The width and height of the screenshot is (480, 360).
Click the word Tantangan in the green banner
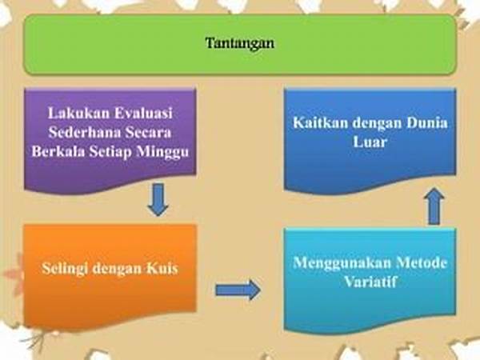pos(240,43)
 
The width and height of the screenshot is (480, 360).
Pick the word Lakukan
pos(78,113)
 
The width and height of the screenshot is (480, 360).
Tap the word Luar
pos(370,142)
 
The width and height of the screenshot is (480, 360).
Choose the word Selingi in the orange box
pos(65,269)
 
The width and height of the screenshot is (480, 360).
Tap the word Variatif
pos(370,282)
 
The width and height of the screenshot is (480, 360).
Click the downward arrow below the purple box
pos(158,199)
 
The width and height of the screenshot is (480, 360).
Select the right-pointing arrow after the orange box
pos(238,290)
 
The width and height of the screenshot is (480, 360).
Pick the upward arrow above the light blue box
pos(434,206)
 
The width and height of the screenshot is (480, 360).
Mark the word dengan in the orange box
pos(117,269)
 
